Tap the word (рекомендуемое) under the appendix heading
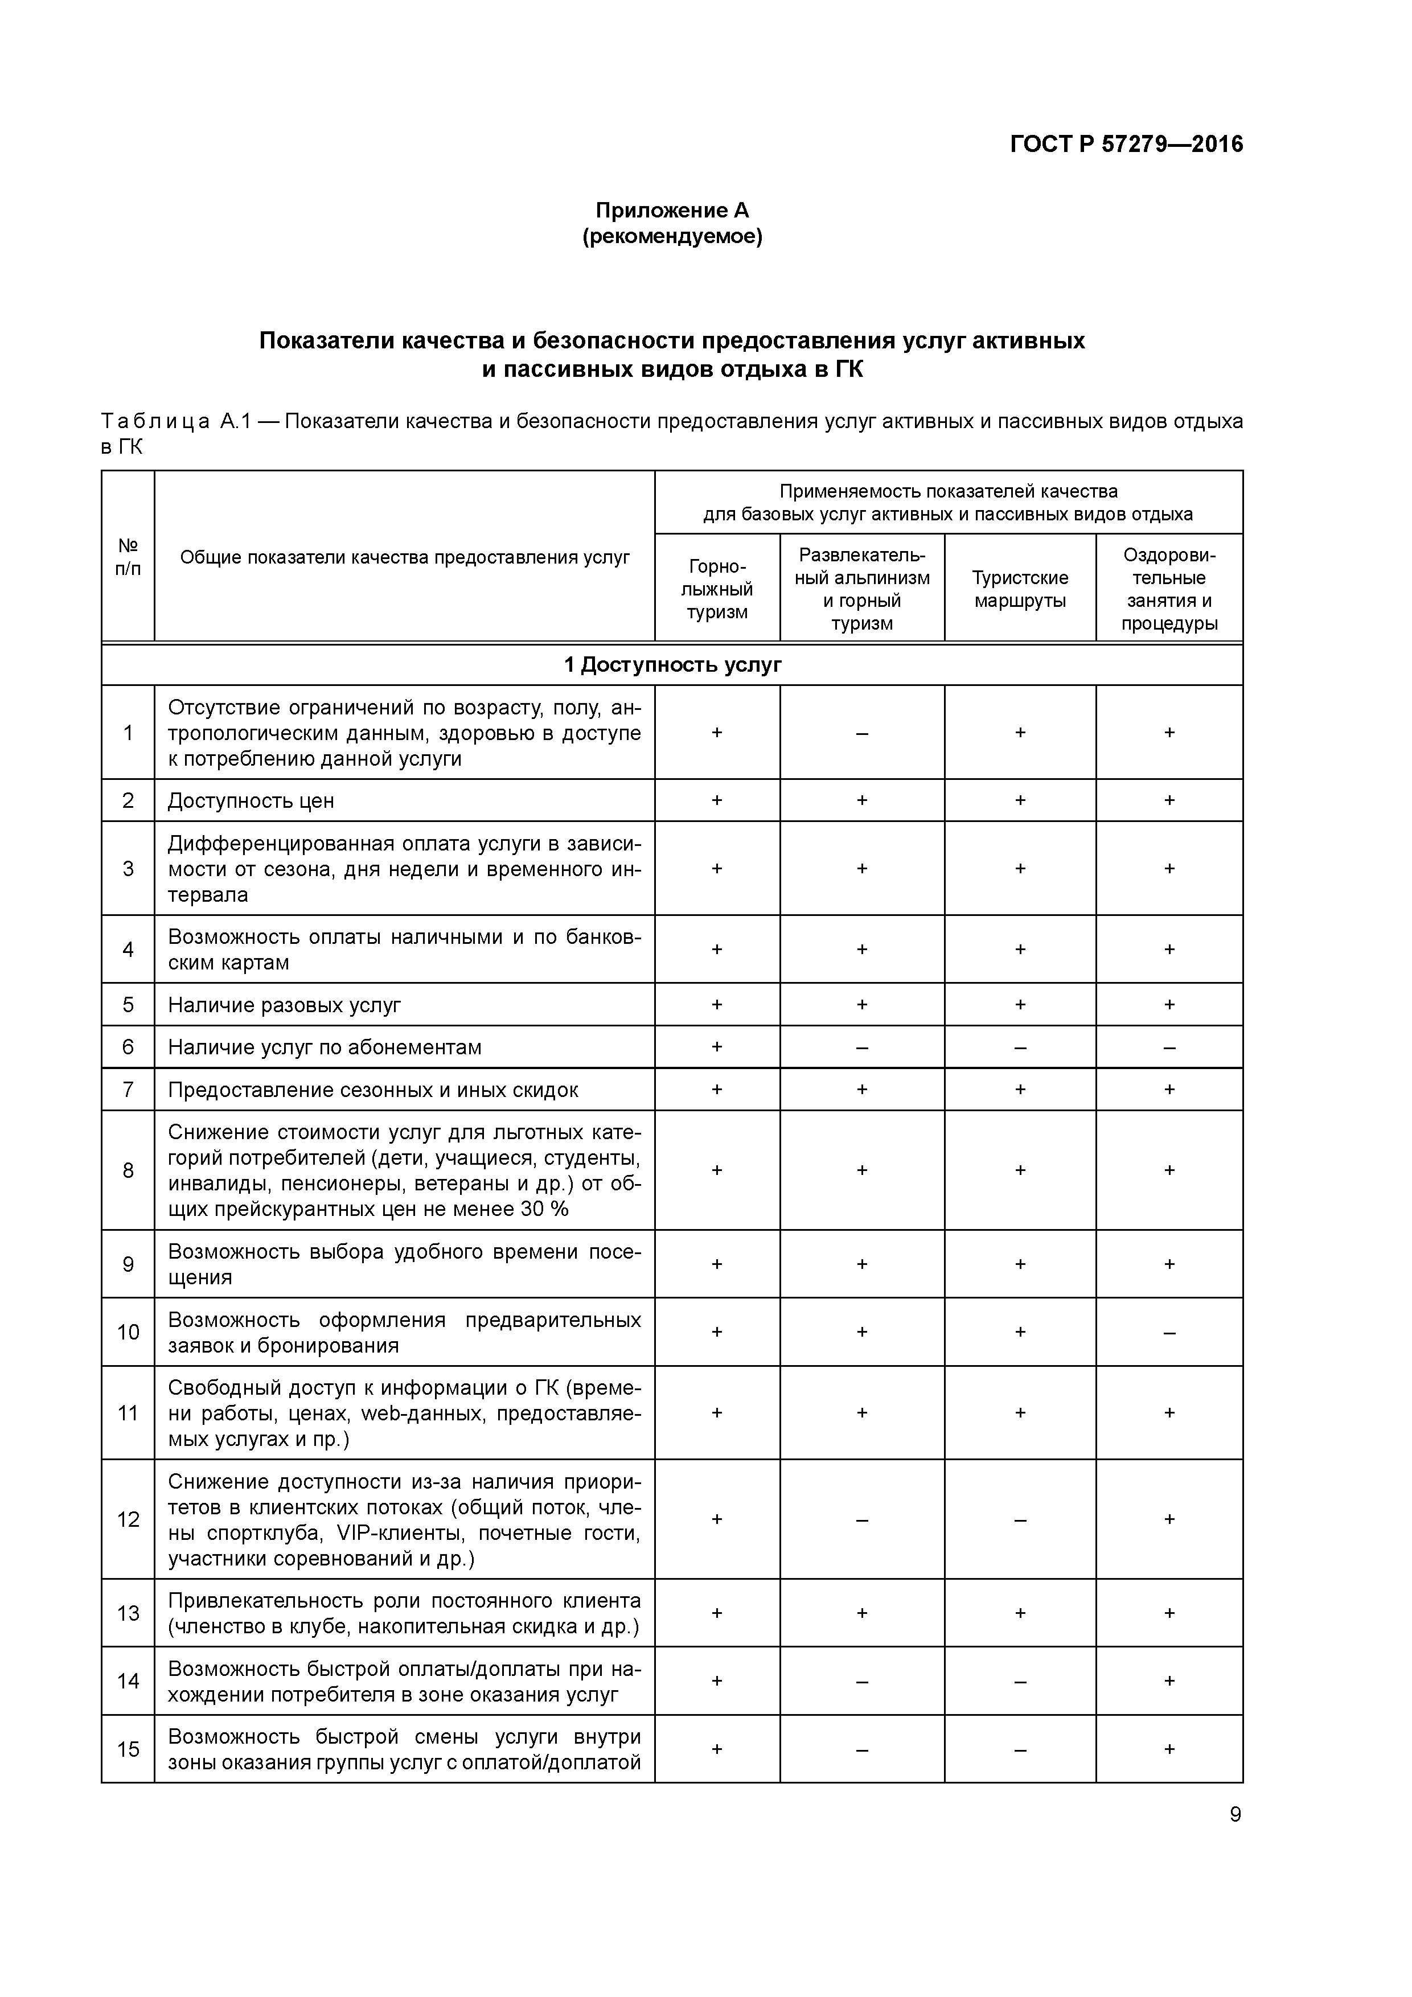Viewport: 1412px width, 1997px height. click(672, 237)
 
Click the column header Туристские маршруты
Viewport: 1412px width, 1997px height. click(1020, 589)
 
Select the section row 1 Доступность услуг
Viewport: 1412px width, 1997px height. click(672, 665)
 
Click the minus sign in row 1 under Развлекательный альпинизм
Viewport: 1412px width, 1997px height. click(861, 733)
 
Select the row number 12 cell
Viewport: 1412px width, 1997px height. click(128, 1519)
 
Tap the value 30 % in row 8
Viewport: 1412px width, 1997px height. click(545, 1209)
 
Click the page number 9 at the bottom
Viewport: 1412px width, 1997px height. click(1234, 1814)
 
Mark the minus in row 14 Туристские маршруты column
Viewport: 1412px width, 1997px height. click(1020, 1681)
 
